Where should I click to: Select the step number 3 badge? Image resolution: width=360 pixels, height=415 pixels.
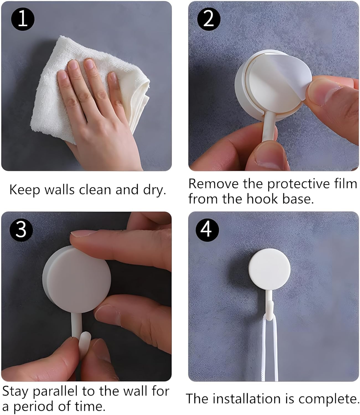(21, 230)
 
